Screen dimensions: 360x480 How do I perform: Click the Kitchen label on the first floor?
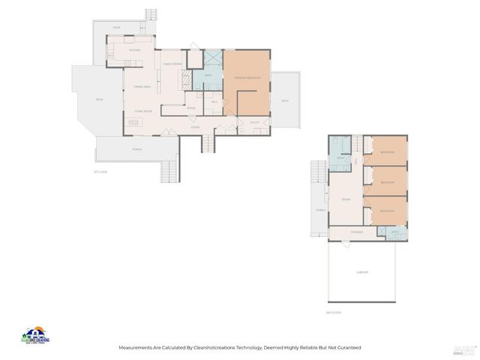click(x=134, y=49)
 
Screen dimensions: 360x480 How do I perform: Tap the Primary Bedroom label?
click(x=247, y=78)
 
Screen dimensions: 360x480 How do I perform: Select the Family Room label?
click(x=172, y=64)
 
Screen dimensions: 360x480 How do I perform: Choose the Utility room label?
click(x=254, y=121)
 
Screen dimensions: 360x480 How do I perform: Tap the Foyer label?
click(x=195, y=127)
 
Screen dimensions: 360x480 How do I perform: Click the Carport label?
click(x=362, y=272)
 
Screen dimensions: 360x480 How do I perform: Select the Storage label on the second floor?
click(x=356, y=232)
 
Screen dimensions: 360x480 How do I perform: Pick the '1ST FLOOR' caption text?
click(x=100, y=172)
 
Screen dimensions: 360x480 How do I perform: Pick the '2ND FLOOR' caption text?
click(x=334, y=312)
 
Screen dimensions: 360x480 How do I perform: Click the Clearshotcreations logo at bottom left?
click(x=35, y=336)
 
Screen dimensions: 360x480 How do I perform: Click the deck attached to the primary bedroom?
click(x=285, y=100)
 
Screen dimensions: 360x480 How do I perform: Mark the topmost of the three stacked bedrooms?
click(x=387, y=152)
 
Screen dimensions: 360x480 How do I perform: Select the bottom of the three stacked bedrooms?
click(x=387, y=211)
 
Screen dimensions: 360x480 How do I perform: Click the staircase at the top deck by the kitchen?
click(x=151, y=14)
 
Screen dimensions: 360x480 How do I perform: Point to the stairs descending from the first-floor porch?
click(x=170, y=172)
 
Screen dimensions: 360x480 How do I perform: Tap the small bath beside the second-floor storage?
click(x=396, y=233)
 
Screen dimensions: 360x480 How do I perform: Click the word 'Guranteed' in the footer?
click(x=347, y=348)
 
